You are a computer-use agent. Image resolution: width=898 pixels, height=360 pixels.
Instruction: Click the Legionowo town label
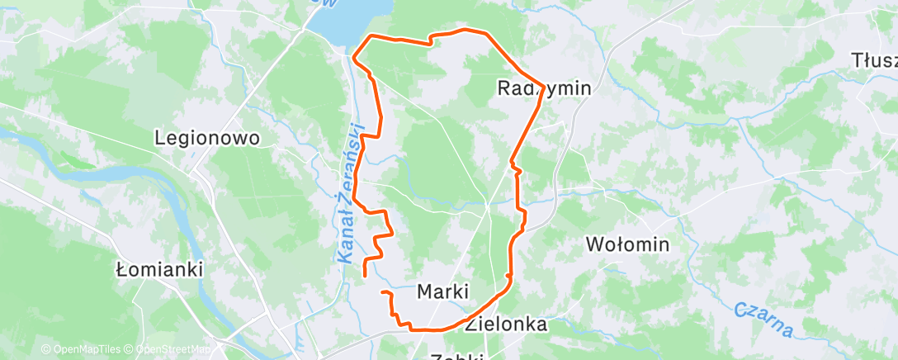pyautogui.click(x=207, y=139)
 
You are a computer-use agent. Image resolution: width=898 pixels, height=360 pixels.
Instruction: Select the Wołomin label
pyautogui.click(x=626, y=244)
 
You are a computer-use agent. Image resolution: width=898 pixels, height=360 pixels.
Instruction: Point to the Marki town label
pyautogui.click(x=443, y=291)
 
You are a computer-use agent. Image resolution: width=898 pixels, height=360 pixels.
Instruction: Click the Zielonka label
pyautogui.click(x=505, y=324)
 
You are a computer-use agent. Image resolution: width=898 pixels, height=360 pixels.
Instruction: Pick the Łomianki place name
pyautogui.click(x=159, y=269)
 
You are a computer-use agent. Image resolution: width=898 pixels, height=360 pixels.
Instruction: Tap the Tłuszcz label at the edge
pyautogui.click(x=875, y=60)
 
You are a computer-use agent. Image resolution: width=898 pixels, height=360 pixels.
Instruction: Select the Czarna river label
pyautogui.click(x=763, y=320)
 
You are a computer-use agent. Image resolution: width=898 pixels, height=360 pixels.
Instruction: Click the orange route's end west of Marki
pyautogui.click(x=381, y=292)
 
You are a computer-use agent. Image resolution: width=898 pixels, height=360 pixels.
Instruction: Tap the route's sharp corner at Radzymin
pyautogui.click(x=542, y=84)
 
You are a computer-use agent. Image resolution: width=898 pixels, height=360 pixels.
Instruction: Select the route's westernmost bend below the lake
pyautogui.click(x=354, y=58)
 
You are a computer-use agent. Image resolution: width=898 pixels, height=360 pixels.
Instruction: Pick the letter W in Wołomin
pyautogui.click(x=593, y=244)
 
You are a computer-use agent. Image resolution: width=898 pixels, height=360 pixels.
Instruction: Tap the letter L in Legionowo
pyautogui.click(x=159, y=139)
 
